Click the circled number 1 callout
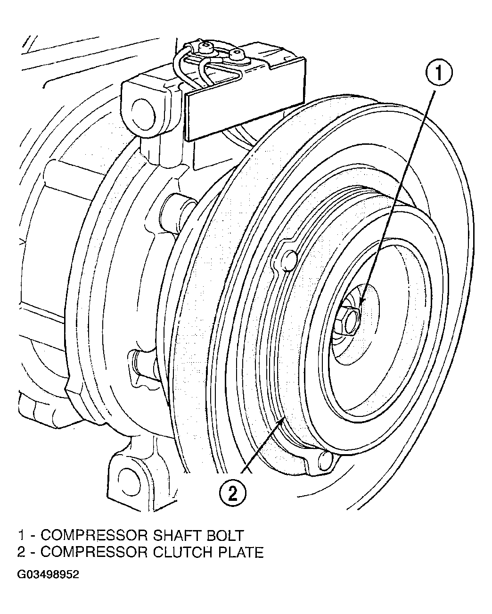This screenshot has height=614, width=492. (x=439, y=72)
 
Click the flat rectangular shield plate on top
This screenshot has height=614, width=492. (x=245, y=100)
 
